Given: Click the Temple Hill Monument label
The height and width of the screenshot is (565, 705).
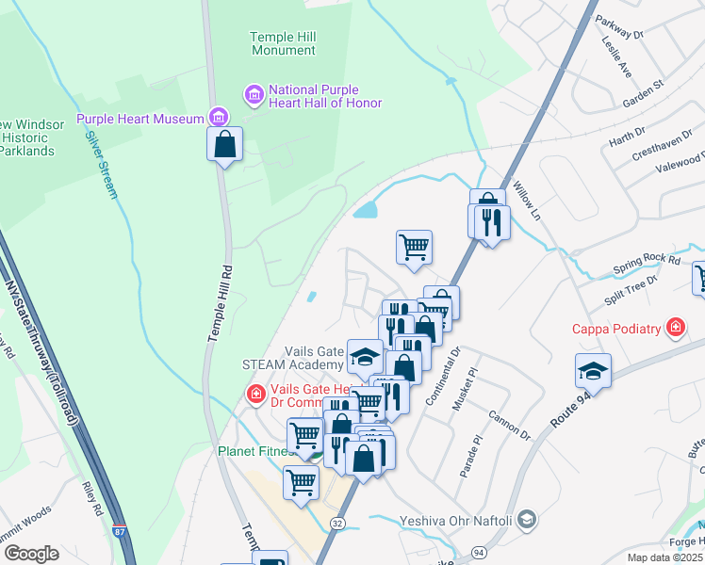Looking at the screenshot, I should [x=282, y=43].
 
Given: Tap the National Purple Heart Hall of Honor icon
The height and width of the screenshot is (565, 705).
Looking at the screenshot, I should [x=254, y=94].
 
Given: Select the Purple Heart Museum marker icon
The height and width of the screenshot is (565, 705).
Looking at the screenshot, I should [x=219, y=118].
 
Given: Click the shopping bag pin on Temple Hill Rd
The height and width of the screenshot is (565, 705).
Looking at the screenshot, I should [x=224, y=145].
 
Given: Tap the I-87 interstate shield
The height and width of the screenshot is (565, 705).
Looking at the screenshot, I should [x=119, y=533].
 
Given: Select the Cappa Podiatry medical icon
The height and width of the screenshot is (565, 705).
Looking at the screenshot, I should [x=675, y=329].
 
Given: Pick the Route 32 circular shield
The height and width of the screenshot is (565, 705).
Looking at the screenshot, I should [x=337, y=522].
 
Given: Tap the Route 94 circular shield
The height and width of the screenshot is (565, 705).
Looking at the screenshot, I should [x=479, y=551].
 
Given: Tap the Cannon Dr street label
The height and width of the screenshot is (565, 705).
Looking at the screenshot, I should [x=511, y=424].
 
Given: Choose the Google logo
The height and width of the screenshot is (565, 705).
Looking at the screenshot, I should [x=31, y=553].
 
